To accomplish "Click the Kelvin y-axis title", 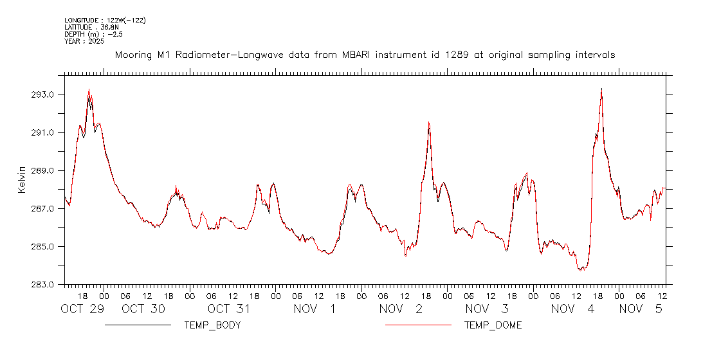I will [x=22, y=180].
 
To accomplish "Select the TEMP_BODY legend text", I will [x=212, y=325].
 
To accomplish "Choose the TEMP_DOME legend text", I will [x=493, y=325].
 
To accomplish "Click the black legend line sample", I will [x=138, y=325].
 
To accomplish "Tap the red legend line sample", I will [x=418, y=325].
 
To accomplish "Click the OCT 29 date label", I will [x=82, y=309].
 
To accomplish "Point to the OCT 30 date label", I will [x=143, y=309].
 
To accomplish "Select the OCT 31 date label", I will [x=228, y=309].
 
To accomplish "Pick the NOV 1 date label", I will [x=315, y=309].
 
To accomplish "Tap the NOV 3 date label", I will [x=487, y=309].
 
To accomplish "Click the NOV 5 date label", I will [x=641, y=309].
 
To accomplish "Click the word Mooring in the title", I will [x=133, y=55].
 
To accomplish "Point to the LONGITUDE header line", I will [x=105, y=21].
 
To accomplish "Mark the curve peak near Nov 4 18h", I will [x=601, y=89].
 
